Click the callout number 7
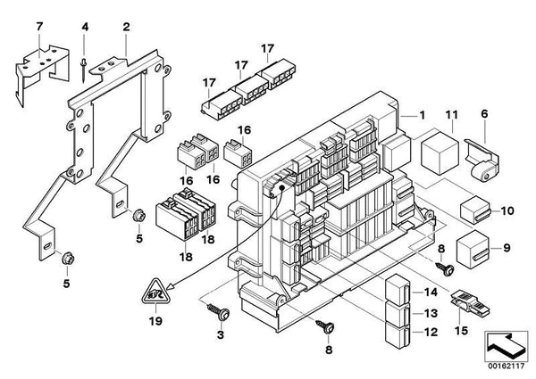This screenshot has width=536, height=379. (38, 28)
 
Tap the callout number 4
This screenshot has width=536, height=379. (85, 28)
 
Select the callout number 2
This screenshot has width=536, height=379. (126, 28)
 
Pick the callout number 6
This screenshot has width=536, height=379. (485, 113)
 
